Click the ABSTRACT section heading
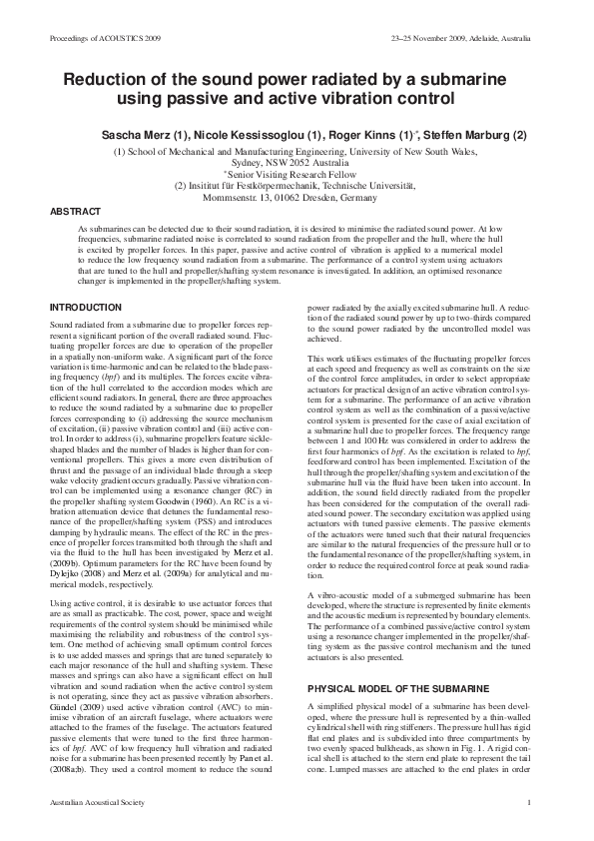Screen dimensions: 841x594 coord(75,213)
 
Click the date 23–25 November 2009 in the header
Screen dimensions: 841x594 coord(431,37)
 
